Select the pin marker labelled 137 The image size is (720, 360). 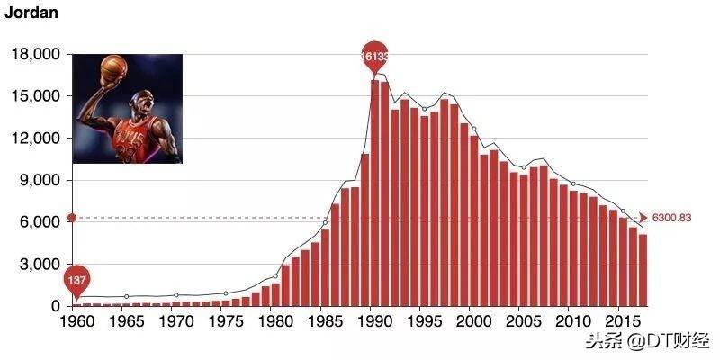pyautogui.click(x=77, y=280)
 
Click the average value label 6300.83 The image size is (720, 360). pyautogui.click(x=671, y=219)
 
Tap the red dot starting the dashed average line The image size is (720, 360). pyautogui.click(x=72, y=218)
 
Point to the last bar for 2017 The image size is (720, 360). pyautogui.click(x=643, y=270)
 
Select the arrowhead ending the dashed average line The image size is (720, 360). pyautogui.click(x=643, y=218)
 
